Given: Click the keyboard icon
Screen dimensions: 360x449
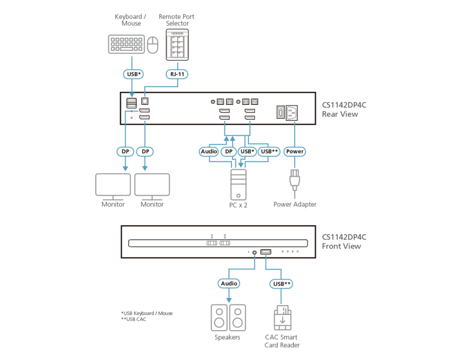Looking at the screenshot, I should pos(126,43).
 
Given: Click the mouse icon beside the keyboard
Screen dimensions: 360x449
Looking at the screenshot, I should pos(154,45).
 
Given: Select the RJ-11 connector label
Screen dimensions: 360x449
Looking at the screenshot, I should pos(177,74).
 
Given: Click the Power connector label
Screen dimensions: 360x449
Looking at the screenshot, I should pos(294,151).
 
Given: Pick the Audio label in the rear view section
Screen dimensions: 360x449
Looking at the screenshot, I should pos(209,151).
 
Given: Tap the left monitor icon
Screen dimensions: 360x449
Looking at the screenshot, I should pos(113,186).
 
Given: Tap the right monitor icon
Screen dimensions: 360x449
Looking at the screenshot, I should pos(152,186).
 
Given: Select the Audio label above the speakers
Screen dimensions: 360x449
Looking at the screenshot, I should pos(229,283).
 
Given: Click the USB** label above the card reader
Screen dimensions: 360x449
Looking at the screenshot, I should pos(280,283).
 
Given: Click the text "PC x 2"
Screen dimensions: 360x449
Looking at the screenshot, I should pos(238,204).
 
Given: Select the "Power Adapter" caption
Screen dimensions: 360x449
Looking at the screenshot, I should pos(295,204).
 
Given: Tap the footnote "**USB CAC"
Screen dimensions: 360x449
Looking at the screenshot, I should pos(133,319).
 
